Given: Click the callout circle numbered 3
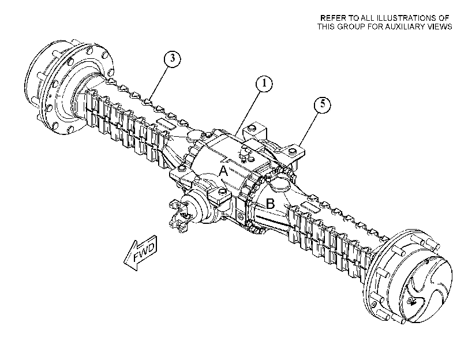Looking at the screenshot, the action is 173,59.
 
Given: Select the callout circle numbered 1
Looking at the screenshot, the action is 264,84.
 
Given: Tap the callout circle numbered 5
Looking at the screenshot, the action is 323,105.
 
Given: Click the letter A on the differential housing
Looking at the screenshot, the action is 223,172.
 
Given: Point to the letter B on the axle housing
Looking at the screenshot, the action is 270,204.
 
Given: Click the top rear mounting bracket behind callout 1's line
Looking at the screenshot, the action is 254,132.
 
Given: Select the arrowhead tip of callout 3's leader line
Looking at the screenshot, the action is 151,99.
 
